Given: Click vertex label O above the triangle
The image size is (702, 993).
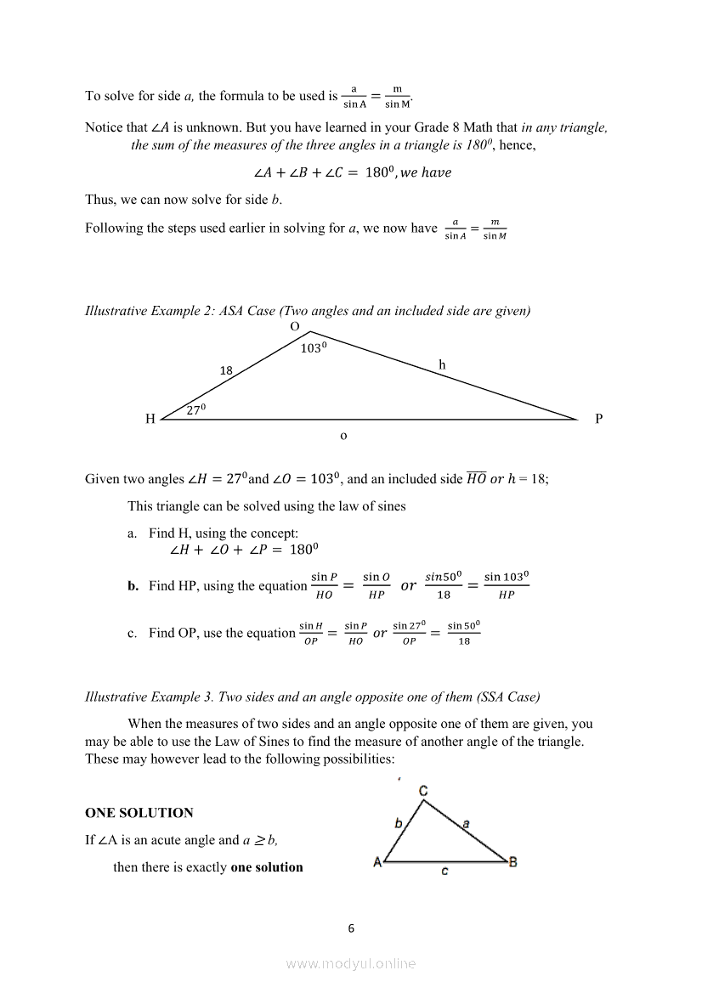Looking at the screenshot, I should (x=295, y=327).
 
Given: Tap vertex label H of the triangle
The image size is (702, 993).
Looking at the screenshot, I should (x=150, y=419).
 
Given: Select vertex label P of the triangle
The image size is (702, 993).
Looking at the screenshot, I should (x=598, y=419).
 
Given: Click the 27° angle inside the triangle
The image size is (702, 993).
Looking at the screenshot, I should (x=196, y=409).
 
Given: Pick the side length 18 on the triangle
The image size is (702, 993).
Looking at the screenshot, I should (x=226, y=370).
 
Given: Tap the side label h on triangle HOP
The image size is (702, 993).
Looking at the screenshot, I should (x=442, y=365).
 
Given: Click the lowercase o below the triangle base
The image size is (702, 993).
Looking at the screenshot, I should (x=343, y=435).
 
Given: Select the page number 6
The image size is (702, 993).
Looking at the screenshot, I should (x=351, y=928).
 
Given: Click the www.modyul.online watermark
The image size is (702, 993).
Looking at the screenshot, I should (x=351, y=963).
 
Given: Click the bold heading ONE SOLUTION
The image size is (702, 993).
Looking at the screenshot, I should (x=139, y=813).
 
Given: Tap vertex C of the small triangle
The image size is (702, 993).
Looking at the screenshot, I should (x=423, y=792).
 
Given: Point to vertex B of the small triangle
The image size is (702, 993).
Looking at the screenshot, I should (x=512, y=862).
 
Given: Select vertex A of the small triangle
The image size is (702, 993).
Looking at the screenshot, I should (x=376, y=862).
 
